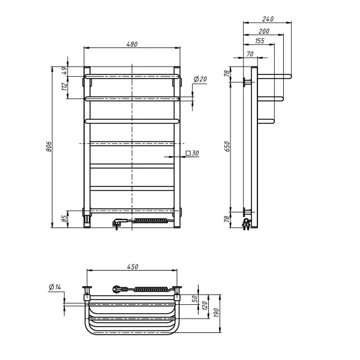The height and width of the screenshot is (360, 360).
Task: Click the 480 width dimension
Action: coord(132,44)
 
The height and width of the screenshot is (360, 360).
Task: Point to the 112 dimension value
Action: coord(65,88)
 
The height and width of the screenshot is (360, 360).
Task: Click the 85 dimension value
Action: coord(65,218)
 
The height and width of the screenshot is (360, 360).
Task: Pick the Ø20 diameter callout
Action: coord(200,80)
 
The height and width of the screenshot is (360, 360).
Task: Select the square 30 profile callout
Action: coord(192,154)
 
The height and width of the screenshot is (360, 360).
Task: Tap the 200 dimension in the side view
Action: coord(263,31)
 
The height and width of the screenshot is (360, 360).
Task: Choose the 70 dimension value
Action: coord(250,55)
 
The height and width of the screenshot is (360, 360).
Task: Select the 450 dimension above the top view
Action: coord(132,267)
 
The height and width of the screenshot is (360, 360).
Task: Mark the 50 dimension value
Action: coord(194,298)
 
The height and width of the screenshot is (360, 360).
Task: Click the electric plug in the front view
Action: coord(118,223)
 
